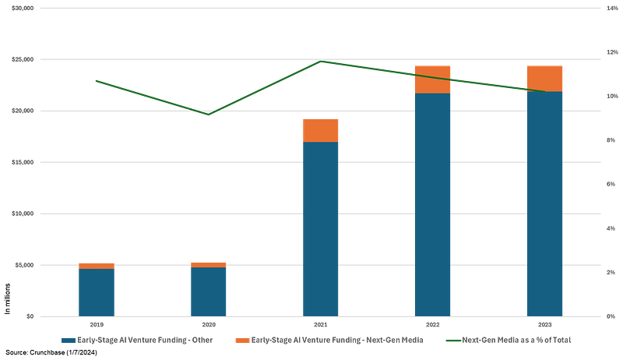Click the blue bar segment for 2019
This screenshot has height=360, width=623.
click(x=97, y=292)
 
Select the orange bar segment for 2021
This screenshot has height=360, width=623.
click(x=321, y=130)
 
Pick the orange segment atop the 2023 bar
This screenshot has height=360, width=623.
click(x=544, y=78)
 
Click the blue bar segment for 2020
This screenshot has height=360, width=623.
click(x=209, y=291)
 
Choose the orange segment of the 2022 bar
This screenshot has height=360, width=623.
click(x=432, y=79)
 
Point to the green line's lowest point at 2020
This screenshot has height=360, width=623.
click(x=209, y=114)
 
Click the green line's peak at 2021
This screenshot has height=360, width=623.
click(x=321, y=62)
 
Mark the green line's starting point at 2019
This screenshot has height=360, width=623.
click(x=97, y=80)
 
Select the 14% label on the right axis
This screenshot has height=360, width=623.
click(x=613, y=8)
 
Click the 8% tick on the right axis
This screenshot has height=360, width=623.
click(x=613, y=140)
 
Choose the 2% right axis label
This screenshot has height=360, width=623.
click(x=613, y=272)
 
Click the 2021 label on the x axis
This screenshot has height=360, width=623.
click(x=321, y=323)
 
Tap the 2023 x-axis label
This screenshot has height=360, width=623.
click(x=544, y=323)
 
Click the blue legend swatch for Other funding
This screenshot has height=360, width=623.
click(x=69, y=341)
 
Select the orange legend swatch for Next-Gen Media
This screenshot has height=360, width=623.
click(x=242, y=341)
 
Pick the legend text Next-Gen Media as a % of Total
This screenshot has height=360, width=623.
click(x=517, y=341)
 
